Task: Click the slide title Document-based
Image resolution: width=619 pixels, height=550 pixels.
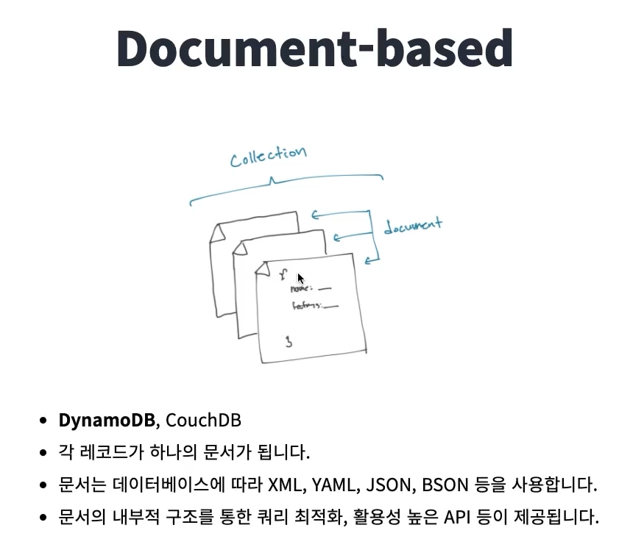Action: click(x=314, y=49)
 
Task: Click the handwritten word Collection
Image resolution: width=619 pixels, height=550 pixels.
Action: click(x=267, y=156)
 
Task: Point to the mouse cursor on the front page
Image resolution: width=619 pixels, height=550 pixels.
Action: click(x=300, y=279)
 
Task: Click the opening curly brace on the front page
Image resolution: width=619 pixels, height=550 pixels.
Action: click(x=283, y=275)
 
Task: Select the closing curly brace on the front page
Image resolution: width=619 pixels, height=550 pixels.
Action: click(x=289, y=341)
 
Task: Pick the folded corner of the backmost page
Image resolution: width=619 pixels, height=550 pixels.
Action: click(x=216, y=234)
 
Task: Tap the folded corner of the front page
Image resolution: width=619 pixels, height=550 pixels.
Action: click(x=260, y=271)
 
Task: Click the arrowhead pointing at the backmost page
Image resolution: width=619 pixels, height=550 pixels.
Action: click(x=314, y=215)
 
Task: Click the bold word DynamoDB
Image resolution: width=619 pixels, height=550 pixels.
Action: click(x=107, y=421)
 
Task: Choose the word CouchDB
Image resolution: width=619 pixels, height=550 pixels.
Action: click(x=204, y=421)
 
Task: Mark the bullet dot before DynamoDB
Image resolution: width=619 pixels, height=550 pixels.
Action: click(x=43, y=421)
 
